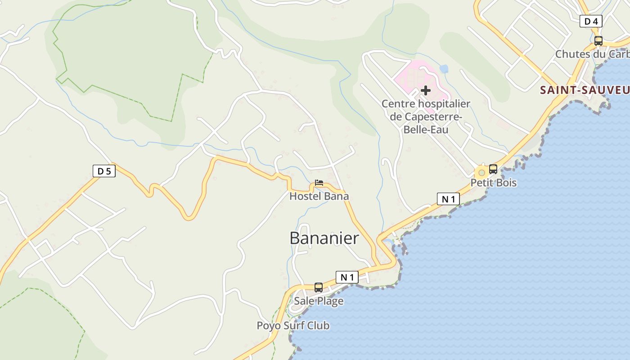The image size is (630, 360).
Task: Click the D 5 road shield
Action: click(x=104, y=171)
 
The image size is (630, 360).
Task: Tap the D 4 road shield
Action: click(x=591, y=21)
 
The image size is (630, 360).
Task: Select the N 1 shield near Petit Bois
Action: click(x=448, y=199)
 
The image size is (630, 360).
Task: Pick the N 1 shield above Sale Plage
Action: click(x=347, y=277)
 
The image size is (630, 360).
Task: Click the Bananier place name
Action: click(x=324, y=238)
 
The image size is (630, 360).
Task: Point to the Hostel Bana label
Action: click(x=319, y=196)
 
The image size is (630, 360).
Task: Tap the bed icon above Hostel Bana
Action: click(x=319, y=183)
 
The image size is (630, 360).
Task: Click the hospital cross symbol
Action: click(x=425, y=90)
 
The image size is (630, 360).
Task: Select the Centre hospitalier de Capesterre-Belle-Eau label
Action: click(x=426, y=117)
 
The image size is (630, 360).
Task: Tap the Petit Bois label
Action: click(x=493, y=183)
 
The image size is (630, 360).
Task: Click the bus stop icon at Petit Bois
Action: click(x=493, y=169)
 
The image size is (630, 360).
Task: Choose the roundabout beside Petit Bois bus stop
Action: click(x=481, y=172)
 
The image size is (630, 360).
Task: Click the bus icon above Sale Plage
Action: click(x=319, y=287)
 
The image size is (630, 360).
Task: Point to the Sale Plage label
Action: click(x=319, y=301)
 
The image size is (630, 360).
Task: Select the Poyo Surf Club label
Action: click(x=293, y=325)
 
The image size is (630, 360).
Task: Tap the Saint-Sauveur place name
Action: click(x=585, y=90)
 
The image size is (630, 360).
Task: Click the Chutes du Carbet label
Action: click(x=592, y=54)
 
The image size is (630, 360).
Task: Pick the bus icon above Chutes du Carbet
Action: click(x=598, y=41)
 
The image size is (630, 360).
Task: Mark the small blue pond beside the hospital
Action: click(x=444, y=69)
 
